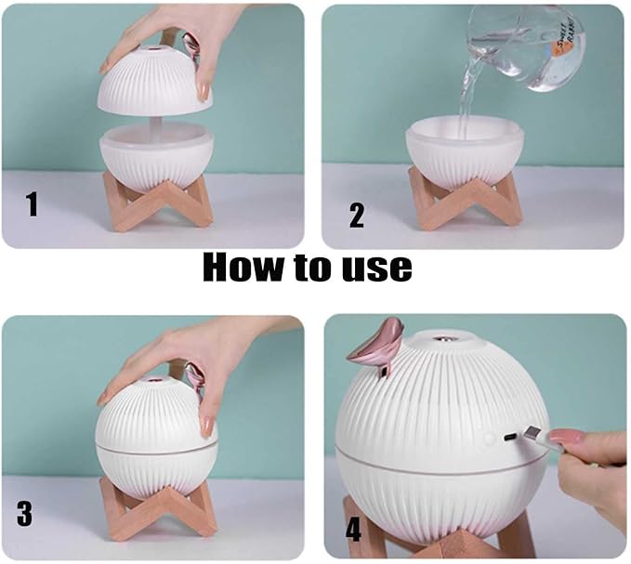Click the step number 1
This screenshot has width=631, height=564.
click(x=32, y=204)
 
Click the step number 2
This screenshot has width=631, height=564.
click(x=357, y=216)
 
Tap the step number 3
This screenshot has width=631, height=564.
click(x=24, y=514)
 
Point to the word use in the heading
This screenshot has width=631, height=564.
click(x=377, y=269)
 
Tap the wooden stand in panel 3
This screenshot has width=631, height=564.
click(x=158, y=511)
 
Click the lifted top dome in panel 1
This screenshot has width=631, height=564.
click(x=155, y=81)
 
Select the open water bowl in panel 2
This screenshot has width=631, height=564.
click(x=465, y=150)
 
